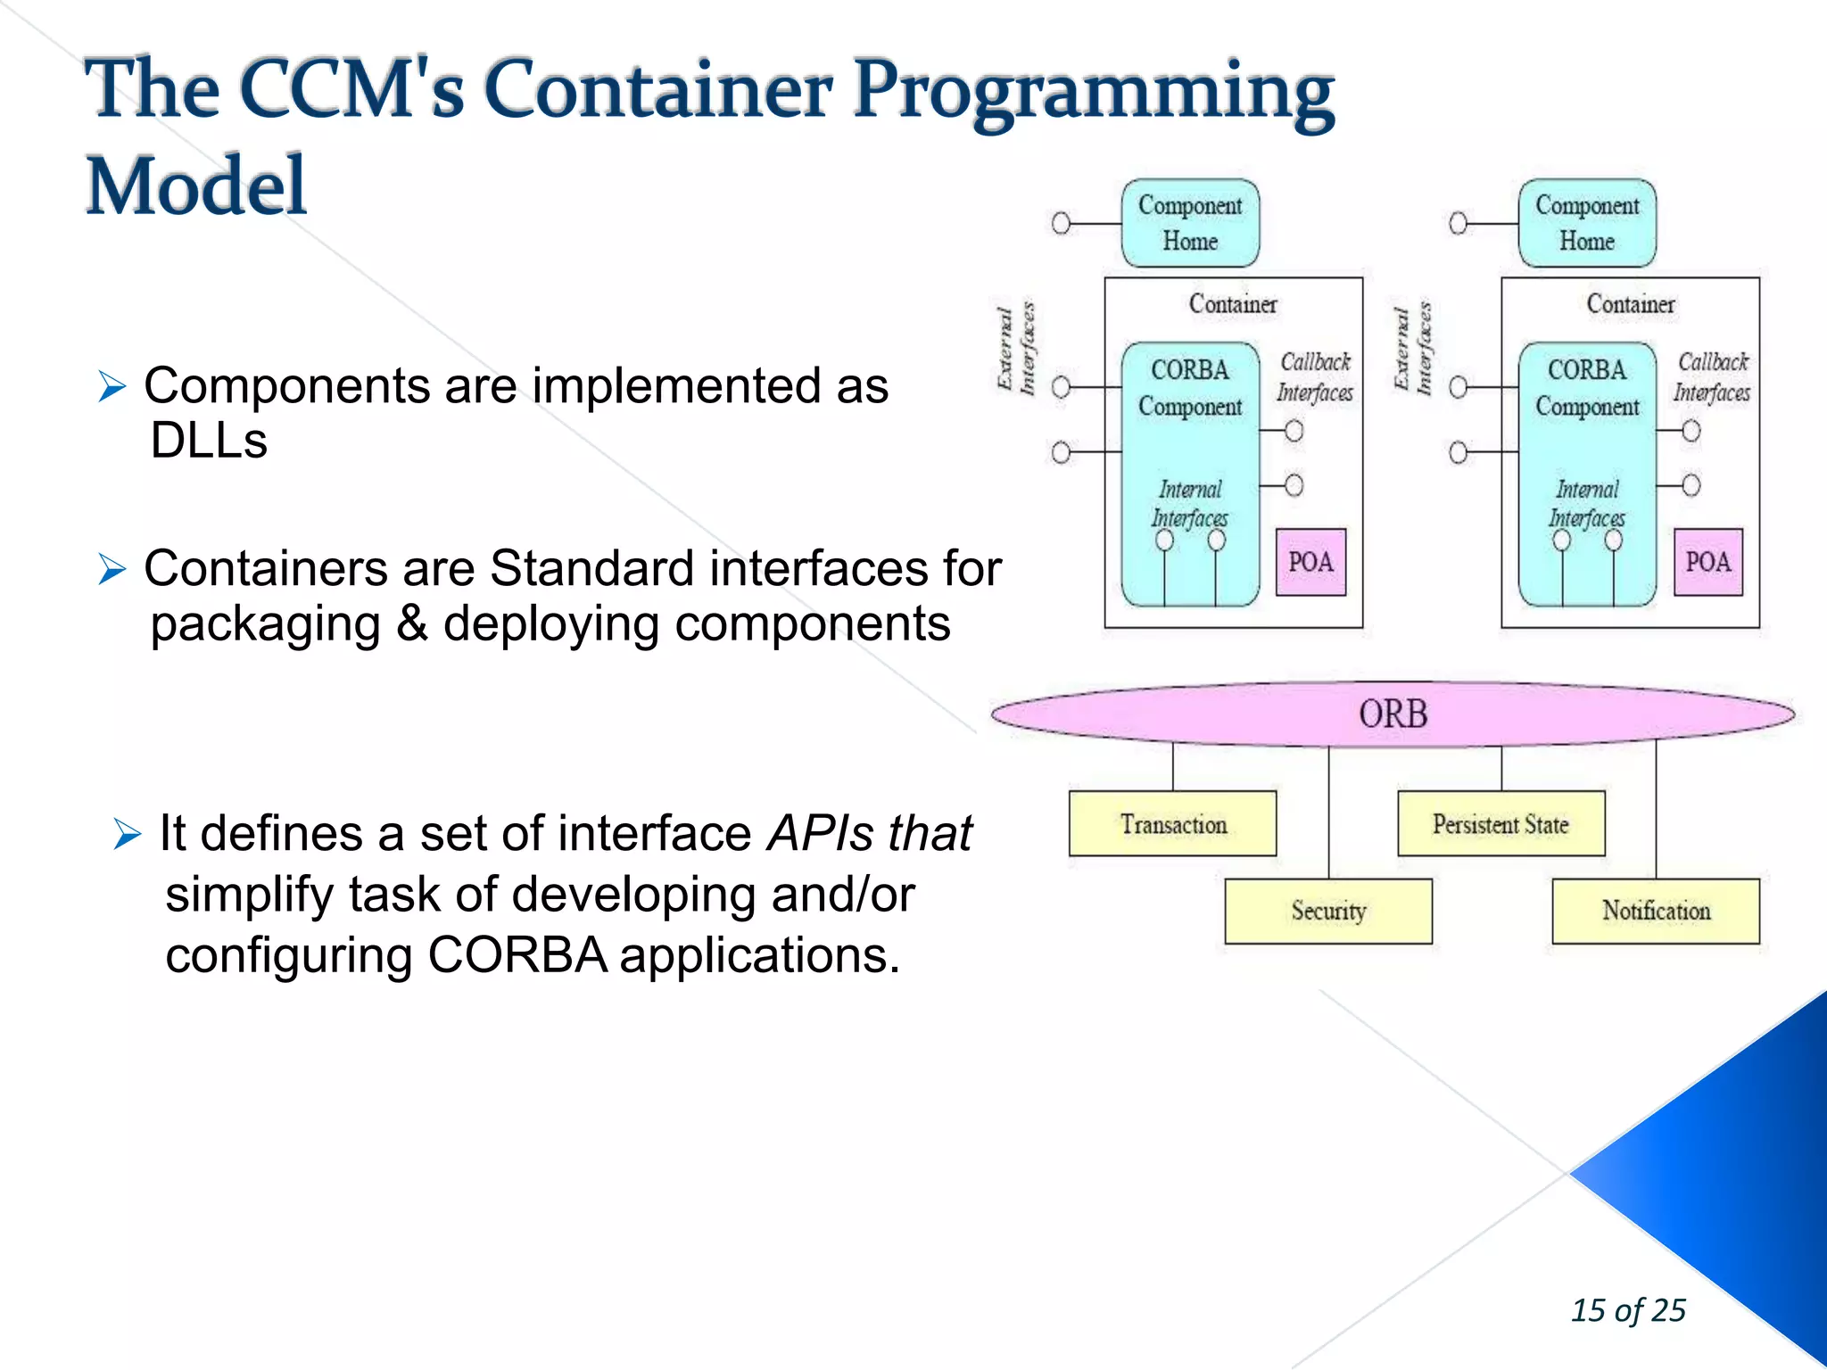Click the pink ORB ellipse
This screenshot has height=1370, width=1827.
click(x=1392, y=714)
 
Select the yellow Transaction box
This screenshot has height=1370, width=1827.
click(x=1172, y=824)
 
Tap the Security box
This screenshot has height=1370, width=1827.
click(x=1328, y=911)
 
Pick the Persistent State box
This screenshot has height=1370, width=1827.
click(x=1500, y=824)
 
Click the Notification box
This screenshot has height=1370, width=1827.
click(x=1656, y=911)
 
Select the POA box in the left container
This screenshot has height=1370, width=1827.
click(x=1310, y=562)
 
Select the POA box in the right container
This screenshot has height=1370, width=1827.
click(x=1707, y=562)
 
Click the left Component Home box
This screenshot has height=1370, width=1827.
click(x=1190, y=223)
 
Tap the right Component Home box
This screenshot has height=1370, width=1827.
click(x=1587, y=223)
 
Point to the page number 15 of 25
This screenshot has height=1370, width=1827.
click(x=1628, y=1310)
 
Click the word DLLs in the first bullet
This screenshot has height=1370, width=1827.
click(x=209, y=441)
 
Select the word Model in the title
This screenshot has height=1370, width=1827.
click(x=196, y=186)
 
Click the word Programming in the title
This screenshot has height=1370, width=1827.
click(x=1093, y=91)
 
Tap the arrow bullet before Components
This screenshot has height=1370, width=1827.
click(x=112, y=387)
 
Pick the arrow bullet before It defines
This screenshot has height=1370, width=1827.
click(x=128, y=835)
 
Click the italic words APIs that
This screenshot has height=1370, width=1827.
click(x=870, y=834)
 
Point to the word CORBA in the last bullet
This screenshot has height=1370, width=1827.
click(x=517, y=955)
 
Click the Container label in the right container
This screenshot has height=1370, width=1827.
click(x=1630, y=304)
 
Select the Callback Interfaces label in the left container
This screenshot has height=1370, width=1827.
click(x=1315, y=377)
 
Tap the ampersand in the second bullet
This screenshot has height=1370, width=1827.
click(x=412, y=623)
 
